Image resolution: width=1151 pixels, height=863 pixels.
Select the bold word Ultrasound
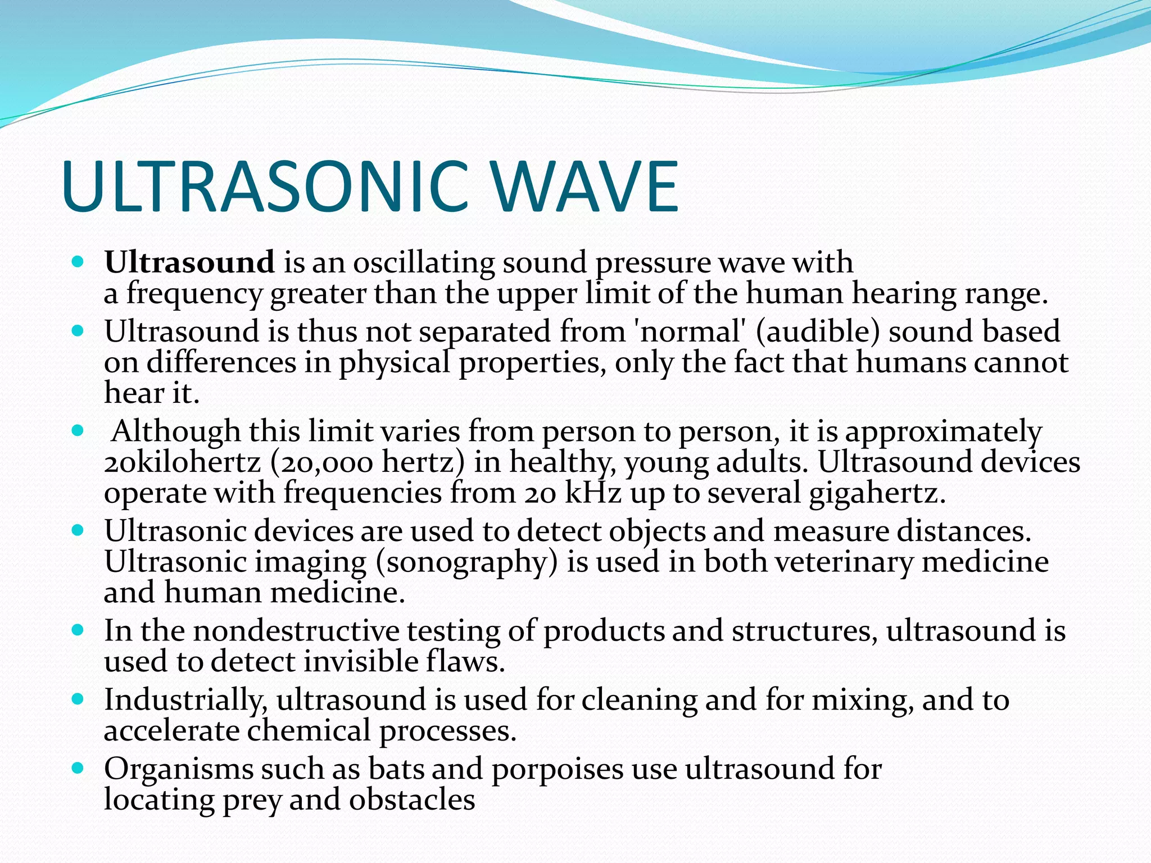[189, 262]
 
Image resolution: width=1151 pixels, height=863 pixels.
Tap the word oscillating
[424, 262]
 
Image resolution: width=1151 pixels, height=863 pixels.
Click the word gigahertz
[877, 493]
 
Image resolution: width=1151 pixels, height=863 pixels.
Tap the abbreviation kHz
[592, 493]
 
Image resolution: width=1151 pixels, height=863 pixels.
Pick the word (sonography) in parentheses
[466, 562]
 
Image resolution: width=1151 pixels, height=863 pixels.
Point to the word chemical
[309, 730]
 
